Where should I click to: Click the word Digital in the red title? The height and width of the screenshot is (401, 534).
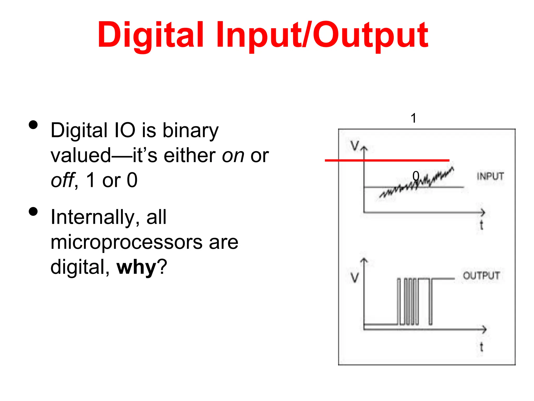pyautogui.click(x=150, y=35)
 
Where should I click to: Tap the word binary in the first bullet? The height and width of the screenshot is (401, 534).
pyautogui.click(x=191, y=131)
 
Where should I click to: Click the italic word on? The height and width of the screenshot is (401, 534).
pyautogui.click(x=233, y=156)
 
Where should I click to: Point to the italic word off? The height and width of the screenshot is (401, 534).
pyautogui.click(x=62, y=180)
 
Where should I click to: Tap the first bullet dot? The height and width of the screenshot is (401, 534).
pyautogui.click(x=33, y=125)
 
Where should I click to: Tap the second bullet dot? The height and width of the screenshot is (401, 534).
pyautogui.click(x=33, y=211)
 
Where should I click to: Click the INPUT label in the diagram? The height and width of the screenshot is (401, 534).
pyautogui.click(x=490, y=176)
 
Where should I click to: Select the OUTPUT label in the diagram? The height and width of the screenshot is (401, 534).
pyautogui.click(x=481, y=276)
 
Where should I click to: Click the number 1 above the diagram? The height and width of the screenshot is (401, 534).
pyautogui.click(x=414, y=118)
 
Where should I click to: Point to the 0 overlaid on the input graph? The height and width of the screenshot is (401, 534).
pyautogui.click(x=416, y=176)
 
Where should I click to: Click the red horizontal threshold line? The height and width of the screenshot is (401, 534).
pyautogui.click(x=387, y=160)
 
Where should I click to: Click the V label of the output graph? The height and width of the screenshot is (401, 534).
pyautogui.click(x=355, y=278)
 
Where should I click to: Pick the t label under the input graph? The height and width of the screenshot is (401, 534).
pyautogui.click(x=481, y=225)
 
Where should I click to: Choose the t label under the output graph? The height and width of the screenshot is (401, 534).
pyautogui.click(x=481, y=347)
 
